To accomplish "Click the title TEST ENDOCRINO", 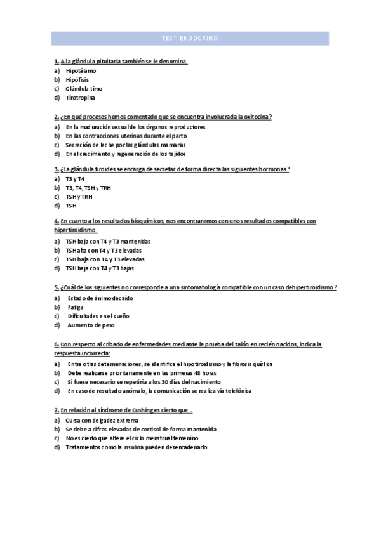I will tap(190, 39).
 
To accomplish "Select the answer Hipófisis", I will tap(77, 80).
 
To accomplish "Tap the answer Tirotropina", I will tap(81, 98).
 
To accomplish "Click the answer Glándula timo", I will tap(84, 89).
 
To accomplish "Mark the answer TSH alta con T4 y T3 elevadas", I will tap(104, 250).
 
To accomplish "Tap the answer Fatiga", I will tap(76, 307).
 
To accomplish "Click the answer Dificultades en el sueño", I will tap(98, 316).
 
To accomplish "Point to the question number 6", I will tap(57, 344).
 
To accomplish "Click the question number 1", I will tap(57, 62).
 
